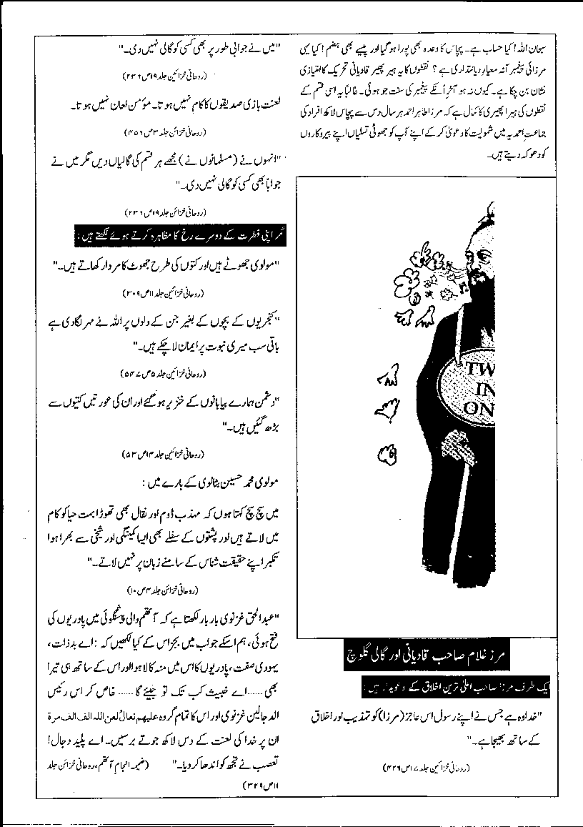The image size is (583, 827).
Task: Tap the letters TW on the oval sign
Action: click(474, 368)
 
